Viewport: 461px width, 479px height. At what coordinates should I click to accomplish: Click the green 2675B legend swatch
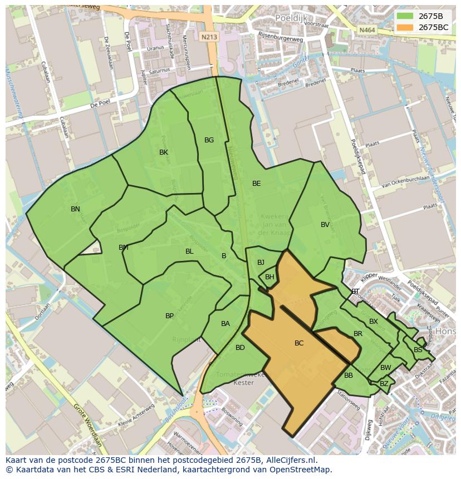(404, 16)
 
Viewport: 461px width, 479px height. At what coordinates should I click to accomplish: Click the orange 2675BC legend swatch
(404, 27)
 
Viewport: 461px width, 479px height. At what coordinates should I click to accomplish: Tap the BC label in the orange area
(299, 343)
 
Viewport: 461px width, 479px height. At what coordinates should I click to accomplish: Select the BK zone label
(164, 152)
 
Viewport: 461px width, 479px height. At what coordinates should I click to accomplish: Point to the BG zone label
(209, 140)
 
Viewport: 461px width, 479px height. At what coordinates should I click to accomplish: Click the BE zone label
(256, 184)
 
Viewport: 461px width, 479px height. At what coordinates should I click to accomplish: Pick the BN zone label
(75, 209)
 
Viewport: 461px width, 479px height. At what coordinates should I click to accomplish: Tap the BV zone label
(325, 225)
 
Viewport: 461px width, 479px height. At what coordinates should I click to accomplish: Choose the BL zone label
(189, 251)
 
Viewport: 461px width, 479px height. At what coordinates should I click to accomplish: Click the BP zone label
(169, 316)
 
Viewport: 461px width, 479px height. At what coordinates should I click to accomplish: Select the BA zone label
(225, 324)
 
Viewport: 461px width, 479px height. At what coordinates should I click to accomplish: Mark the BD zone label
(240, 348)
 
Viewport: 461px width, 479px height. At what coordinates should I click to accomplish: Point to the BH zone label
(269, 277)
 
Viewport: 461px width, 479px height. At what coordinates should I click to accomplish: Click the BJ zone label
(261, 263)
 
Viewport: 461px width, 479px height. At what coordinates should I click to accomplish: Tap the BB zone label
(349, 376)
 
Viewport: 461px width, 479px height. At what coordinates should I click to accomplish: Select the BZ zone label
(384, 384)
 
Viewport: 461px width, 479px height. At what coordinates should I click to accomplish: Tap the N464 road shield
(366, 29)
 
